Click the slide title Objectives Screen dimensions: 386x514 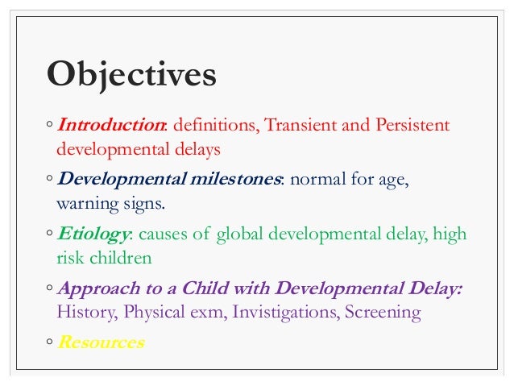point(131,75)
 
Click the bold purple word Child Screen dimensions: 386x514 point(204,288)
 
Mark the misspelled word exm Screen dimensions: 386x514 point(210,312)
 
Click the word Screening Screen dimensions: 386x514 point(383,312)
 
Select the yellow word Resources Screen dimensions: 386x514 point(101,342)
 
